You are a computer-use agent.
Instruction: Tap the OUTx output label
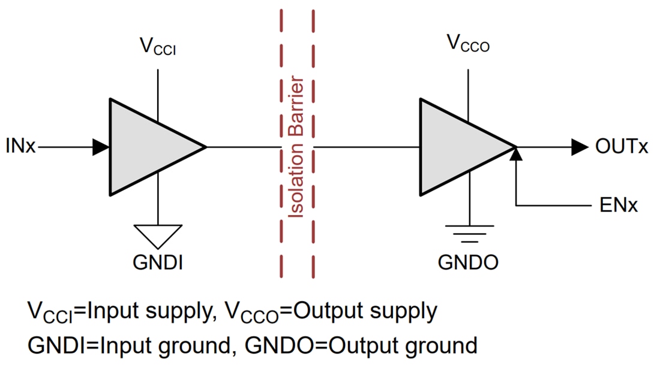[x=622, y=147]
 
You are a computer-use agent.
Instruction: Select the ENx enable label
[x=618, y=205]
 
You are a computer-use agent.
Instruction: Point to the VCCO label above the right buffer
[x=468, y=43]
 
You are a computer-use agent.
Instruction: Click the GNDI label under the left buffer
[x=158, y=262]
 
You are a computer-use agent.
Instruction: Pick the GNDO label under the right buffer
[x=468, y=262]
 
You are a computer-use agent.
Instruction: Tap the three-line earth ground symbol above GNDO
[x=468, y=233]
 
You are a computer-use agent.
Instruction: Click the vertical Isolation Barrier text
[x=297, y=147]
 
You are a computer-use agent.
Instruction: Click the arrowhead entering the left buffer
[x=101, y=147]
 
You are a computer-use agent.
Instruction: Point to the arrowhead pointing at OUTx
[x=579, y=147]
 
